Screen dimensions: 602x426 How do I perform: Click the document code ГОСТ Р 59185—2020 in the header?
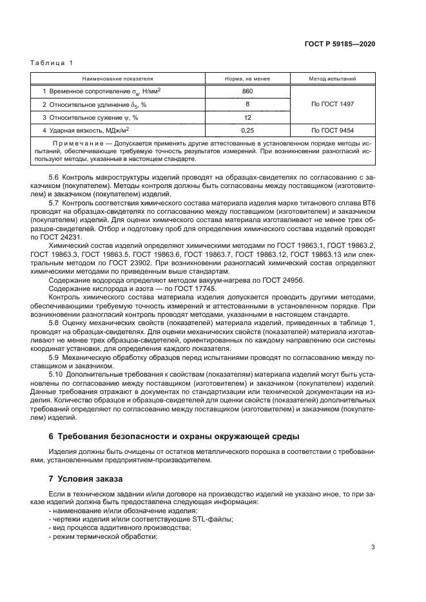(x=340, y=43)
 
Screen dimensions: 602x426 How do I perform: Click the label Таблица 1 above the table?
(x=53, y=63)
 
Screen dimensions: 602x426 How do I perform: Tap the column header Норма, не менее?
(x=247, y=79)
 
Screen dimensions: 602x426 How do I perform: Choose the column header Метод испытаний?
(x=333, y=79)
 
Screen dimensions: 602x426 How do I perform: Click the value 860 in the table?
(x=247, y=91)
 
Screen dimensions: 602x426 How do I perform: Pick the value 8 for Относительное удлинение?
(x=247, y=104)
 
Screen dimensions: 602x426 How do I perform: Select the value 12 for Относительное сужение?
(x=247, y=117)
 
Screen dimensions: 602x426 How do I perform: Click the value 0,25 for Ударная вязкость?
(x=247, y=130)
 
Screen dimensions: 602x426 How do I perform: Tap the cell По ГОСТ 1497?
(x=333, y=104)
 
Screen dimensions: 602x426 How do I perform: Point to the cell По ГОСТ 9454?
(x=333, y=130)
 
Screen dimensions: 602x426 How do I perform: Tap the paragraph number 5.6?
(x=55, y=176)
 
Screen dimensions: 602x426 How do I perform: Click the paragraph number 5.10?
(x=56, y=373)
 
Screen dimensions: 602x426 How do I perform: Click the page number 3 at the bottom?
(x=373, y=549)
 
